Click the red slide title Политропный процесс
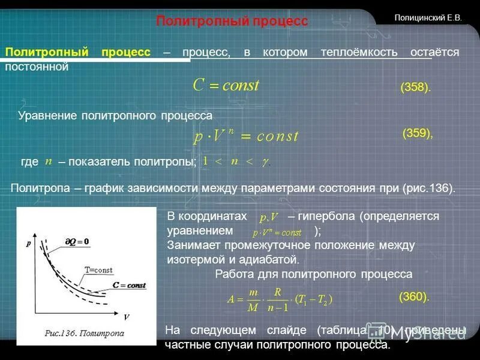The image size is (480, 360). pos(232,22)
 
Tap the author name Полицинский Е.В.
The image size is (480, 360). pos(428,18)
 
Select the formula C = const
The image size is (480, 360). pos(226,85)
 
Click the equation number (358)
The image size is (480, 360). pos(415,88)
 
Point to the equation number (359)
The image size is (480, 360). pos(417,133)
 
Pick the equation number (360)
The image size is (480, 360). pos(414,296)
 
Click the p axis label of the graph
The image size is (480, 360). pos(28,244)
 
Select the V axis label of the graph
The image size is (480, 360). pos(127,317)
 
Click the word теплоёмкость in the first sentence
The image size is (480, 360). pos(359,52)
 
